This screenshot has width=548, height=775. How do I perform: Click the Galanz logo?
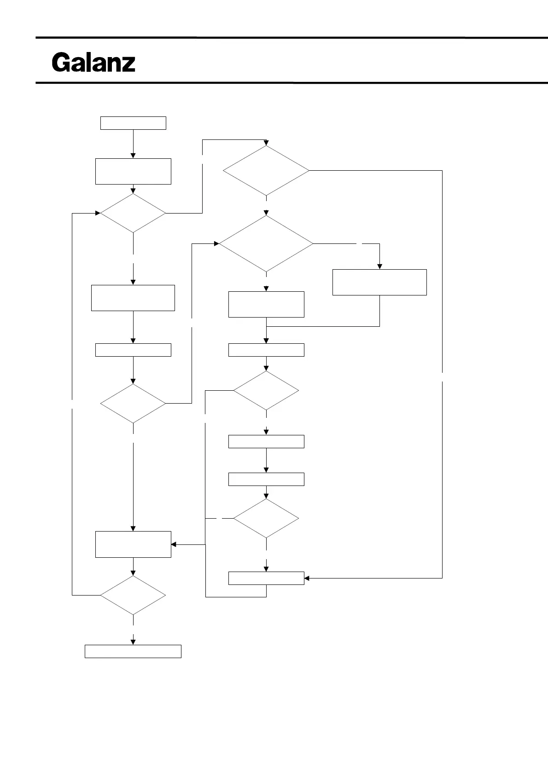click(93, 63)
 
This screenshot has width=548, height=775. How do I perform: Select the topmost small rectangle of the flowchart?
click(133, 123)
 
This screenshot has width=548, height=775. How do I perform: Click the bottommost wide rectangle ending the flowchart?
click(133, 651)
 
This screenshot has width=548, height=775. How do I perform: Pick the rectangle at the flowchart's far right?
click(379, 282)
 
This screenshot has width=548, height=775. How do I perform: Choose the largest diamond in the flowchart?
click(266, 243)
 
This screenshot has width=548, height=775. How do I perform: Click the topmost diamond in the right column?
click(266, 171)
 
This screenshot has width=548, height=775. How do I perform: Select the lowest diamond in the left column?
click(133, 595)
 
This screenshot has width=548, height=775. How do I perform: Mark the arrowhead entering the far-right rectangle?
click(379, 266)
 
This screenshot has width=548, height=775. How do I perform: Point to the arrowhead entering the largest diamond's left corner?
click(216, 243)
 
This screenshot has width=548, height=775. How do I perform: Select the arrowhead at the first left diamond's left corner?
click(98, 213)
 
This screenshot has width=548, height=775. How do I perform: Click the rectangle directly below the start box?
click(133, 171)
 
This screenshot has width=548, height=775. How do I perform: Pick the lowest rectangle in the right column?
click(266, 578)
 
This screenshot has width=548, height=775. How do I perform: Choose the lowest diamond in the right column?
click(266, 519)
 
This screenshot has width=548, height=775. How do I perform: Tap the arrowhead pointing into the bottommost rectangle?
click(133, 642)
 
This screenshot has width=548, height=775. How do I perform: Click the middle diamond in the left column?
click(133, 404)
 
